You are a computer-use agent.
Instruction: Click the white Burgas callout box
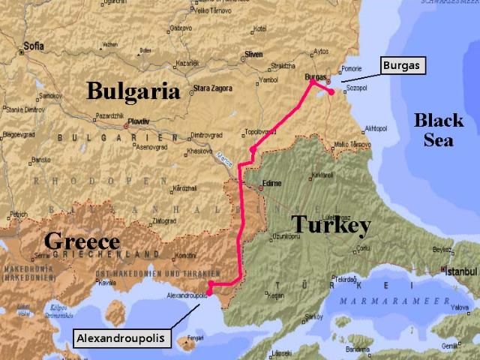pyautogui.click(x=403, y=65)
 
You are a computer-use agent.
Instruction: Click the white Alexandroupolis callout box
pyautogui.click(x=120, y=338)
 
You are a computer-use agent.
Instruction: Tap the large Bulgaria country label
pyautogui.click(x=133, y=91)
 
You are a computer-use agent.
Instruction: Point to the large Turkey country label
pyautogui.click(x=331, y=223)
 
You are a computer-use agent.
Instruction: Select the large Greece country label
pyautogui.click(x=82, y=241)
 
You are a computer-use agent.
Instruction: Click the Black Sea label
pyautogui.click(x=439, y=129)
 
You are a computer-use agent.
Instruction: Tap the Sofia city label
pyautogui.click(x=33, y=45)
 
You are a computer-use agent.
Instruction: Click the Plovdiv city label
pyautogui.click(x=138, y=121)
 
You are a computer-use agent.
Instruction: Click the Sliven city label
pyautogui.click(x=253, y=55)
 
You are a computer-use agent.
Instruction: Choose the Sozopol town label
pyautogui.click(x=356, y=89)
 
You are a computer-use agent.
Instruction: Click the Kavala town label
pyautogui.click(x=108, y=283)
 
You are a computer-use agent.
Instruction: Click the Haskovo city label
pyautogui.click(x=199, y=151)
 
